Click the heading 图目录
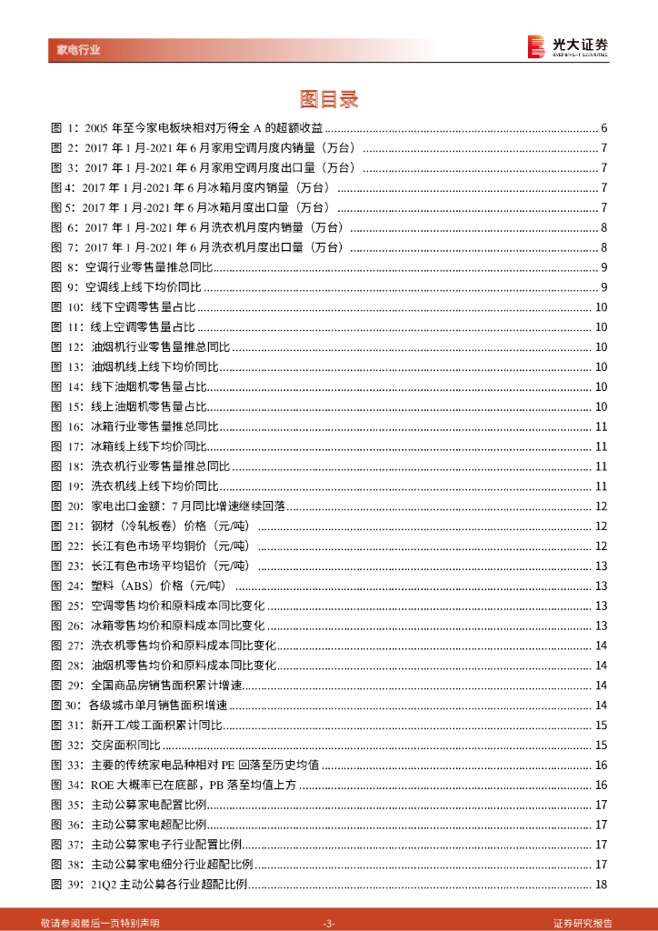[329, 99]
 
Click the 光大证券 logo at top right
[568, 46]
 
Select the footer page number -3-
[329, 922]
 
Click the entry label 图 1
[64, 127]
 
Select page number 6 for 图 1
[604, 127]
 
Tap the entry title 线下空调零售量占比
[143, 307]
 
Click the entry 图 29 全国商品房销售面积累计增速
[167, 686]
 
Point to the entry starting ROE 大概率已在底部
[194, 786]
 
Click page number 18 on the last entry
[601, 886]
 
